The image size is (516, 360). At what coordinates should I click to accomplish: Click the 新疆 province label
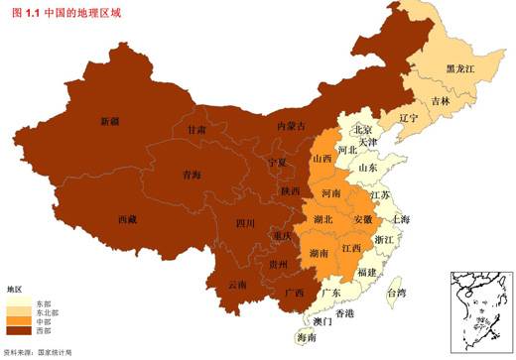click(109, 122)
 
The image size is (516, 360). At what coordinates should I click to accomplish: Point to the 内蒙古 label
click(291, 126)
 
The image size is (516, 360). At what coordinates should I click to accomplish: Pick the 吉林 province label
click(441, 101)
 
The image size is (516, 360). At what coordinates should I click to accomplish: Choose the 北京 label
click(362, 130)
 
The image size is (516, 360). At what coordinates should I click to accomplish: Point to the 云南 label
click(238, 285)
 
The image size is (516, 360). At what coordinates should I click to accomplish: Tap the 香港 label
click(344, 313)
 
